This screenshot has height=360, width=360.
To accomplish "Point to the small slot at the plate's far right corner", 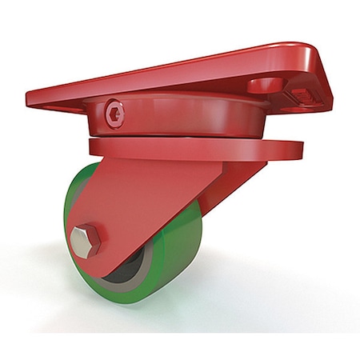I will pos(309,98).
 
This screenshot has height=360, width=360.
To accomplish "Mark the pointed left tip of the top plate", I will pos(30,98).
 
